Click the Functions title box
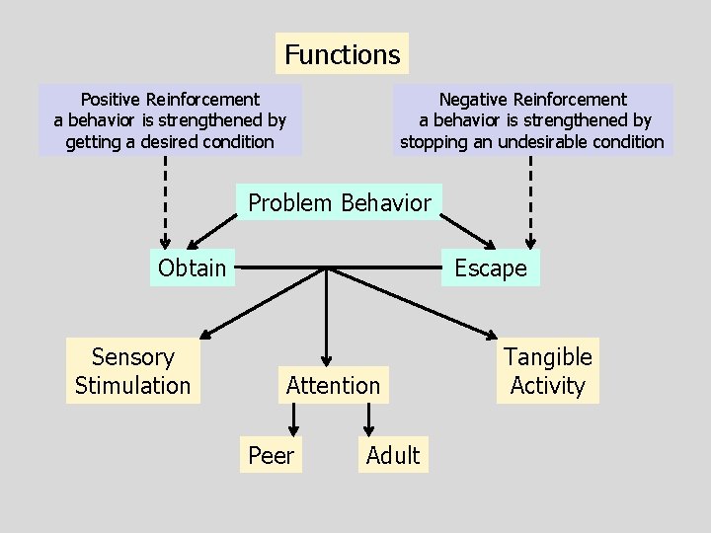pyautogui.click(x=342, y=54)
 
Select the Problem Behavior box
pyautogui.click(x=340, y=203)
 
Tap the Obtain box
pyautogui.click(x=193, y=267)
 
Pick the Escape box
pyautogui.click(x=491, y=267)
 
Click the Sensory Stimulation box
pyautogui.click(x=133, y=371)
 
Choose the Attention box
pyautogui.click(x=333, y=385)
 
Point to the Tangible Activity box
pyautogui.click(x=548, y=371)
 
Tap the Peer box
pyautogui.click(x=272, y=455)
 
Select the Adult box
pyautogui.click(x=393, y=455)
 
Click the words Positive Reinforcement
pyautogui.click(x=170, y=99)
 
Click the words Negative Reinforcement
pyautogui.click(x=532, y=99)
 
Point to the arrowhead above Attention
pyautogui.click(x=327, y=360)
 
